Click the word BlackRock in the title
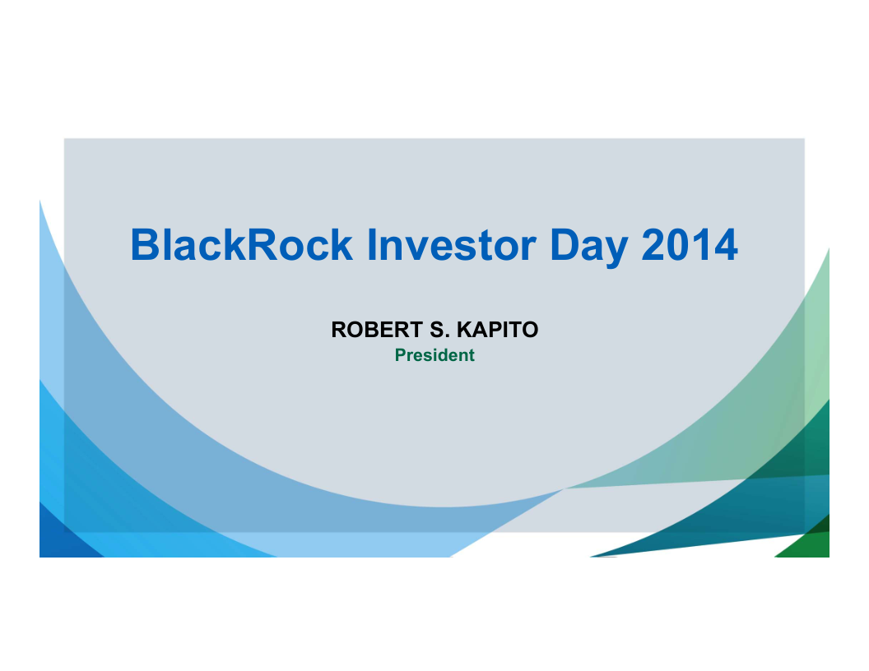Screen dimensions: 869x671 [x=242, y=245]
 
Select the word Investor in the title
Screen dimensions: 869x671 [x=452, y=245]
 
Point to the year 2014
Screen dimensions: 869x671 [x=690, y=245]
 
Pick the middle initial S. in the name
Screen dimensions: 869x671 [x=439, y=330]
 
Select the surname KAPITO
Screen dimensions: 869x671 [x=497, y=330]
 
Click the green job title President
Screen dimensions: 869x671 [x=434, y=355]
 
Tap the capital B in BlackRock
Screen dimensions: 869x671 [x=145, y=245]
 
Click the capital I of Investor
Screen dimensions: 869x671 [x=371, y=245]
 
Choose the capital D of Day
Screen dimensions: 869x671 [x=565, y=245]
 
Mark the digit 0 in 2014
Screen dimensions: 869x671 [x=677, y=245]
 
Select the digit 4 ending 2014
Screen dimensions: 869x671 [x=727, y=245]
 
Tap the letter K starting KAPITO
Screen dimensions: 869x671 [x=465, y=330]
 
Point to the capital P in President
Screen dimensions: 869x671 [x=401, y=355]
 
